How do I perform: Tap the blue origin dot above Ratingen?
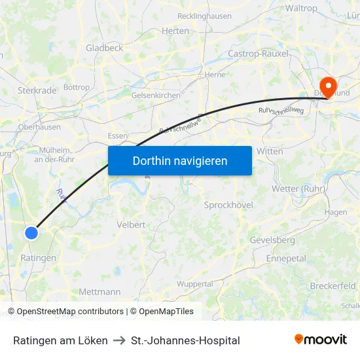tap(31, 232)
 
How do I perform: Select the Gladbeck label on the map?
tap(104, 48)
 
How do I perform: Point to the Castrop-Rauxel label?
tap(258, 54)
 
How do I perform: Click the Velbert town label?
tap(131, 225)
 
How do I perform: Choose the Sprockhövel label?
tap(228, 205)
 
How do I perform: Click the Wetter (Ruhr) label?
tap(298, 189)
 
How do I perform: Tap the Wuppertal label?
tap(195, 284)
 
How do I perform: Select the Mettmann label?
tap(99, 291)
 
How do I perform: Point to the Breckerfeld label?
tap(333, 286)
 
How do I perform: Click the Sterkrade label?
tap(35, 90)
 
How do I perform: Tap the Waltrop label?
tap(301, 9)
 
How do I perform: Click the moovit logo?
tap(321, 339)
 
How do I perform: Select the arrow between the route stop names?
tap(119, 340)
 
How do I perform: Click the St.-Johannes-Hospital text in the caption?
tap(185, 340)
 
